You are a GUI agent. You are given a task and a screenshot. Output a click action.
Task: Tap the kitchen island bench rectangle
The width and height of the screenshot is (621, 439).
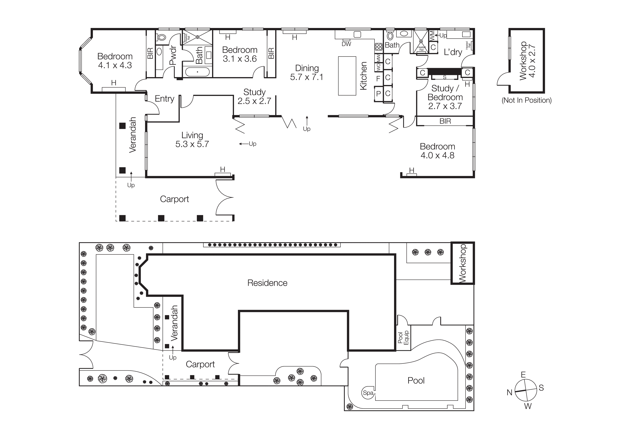[347, 76]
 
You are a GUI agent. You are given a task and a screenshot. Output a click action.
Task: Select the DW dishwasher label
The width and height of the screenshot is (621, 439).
[346, 44]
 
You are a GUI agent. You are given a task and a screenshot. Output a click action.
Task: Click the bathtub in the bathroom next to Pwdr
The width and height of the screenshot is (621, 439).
[197, 72]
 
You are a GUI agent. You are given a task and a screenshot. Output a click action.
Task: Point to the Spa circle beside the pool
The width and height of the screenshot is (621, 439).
[368, 393]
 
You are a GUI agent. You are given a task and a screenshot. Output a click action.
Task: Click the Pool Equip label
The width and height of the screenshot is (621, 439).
[403, 338]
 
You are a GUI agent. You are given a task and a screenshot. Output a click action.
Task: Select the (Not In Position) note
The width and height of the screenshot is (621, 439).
[526, 100]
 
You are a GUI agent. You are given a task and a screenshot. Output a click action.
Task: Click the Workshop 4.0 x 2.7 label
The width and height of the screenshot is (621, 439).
[527, 61]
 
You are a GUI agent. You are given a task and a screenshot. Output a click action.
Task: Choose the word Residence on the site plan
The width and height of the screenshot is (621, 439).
[267, 283]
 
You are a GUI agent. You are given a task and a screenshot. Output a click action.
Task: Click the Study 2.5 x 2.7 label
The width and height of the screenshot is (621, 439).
[254, 97]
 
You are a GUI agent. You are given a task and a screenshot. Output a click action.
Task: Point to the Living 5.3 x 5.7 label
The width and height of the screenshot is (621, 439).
[192, 140]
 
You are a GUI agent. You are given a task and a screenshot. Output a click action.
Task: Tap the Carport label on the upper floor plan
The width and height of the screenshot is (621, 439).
[174, 199]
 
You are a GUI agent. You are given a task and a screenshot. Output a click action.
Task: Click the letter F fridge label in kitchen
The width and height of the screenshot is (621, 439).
[378, 79]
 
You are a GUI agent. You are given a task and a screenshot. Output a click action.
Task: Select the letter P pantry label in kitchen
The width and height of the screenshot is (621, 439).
[378, 94]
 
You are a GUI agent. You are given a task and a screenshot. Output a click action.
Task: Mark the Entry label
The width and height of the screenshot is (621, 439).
[164, 99]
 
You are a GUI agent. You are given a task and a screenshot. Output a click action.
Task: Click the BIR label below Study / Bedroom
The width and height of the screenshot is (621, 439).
[445, 121]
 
